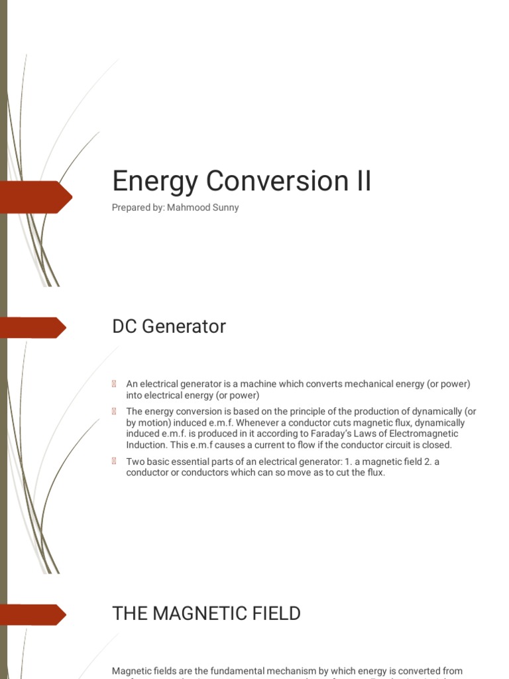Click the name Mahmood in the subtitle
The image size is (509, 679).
pyautogui.click(x=190, y=208)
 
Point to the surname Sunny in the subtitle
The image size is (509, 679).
pyautogui.click(x=226, y=208)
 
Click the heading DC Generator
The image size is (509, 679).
pyautogui.click(x=169, y=326)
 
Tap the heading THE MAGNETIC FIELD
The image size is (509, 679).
pyautogui.click(x=206, y=613)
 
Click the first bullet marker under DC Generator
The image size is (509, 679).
pyautogui.click(x=115, y=384)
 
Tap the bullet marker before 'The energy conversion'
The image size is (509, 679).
pyautogui.click(x=115, y=411)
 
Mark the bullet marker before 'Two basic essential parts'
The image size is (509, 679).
pyautogui.click(x=115, y=462)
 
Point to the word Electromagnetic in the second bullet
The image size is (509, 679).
pyautogui.click(x=425, y=434)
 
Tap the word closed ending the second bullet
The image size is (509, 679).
pyautogui.click(x=437, y=445)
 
